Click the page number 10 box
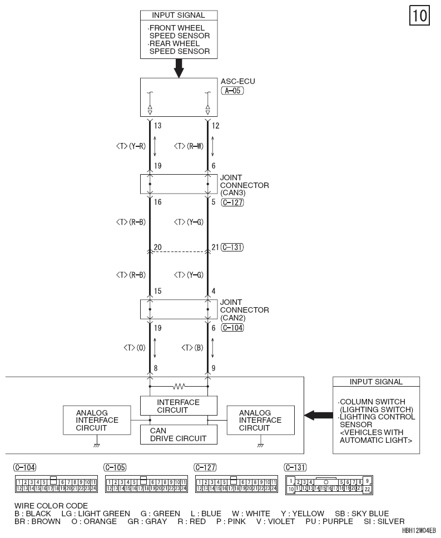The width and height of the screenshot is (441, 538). [x=419, y=16]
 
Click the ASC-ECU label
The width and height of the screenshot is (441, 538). [x=237, y=81]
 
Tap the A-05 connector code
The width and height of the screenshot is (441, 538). [x=232, y=91]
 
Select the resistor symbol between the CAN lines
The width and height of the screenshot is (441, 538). [x=179, y=387]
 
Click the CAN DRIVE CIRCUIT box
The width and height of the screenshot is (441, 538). [x=179, y=435]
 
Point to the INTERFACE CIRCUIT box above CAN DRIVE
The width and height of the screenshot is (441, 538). [x=179, y=406]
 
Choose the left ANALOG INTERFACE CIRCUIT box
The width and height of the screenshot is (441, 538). [x=97, y=420]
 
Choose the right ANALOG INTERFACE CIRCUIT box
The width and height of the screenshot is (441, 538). [x=261, y=420]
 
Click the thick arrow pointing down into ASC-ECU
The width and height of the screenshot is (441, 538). [x=179, y=68]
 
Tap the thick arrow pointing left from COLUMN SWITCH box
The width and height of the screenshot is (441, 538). [x=318, y=416]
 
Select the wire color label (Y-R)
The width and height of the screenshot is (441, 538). [x=137, y=146]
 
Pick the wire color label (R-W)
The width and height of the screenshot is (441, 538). [x=195, y=146]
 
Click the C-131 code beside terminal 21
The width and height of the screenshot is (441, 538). [x=232, y=247]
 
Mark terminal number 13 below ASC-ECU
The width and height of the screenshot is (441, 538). [x=157, y=126]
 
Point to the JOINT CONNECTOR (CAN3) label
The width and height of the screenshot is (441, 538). [x=244, y=185]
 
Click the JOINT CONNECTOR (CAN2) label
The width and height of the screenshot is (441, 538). [x=244, y=310]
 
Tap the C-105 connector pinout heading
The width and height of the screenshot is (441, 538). [x=115, y=467]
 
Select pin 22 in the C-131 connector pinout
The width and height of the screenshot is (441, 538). [x=367, y=489]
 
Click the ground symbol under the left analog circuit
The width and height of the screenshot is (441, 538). [x=97, y=445]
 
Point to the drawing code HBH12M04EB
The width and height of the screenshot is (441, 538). [x=419, y=530]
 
